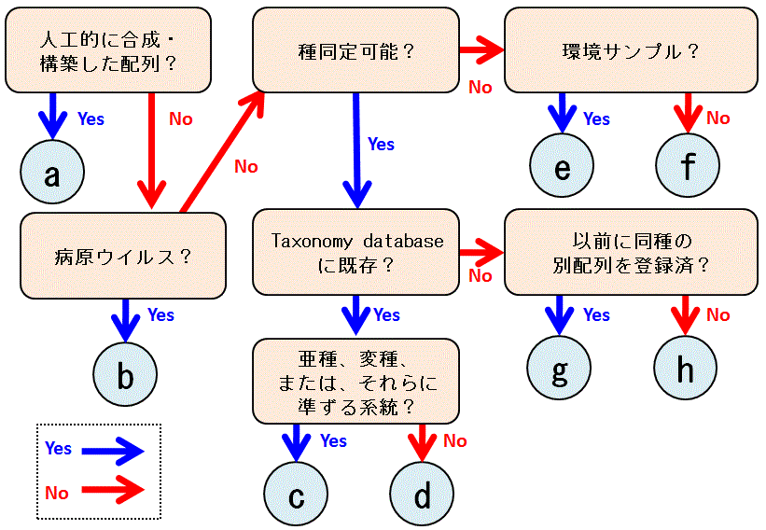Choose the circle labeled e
click(562, 169)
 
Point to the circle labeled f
click(688, 169)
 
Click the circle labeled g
click(560, 370)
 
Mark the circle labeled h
click(686, 370)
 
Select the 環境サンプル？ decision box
click(631, 50)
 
